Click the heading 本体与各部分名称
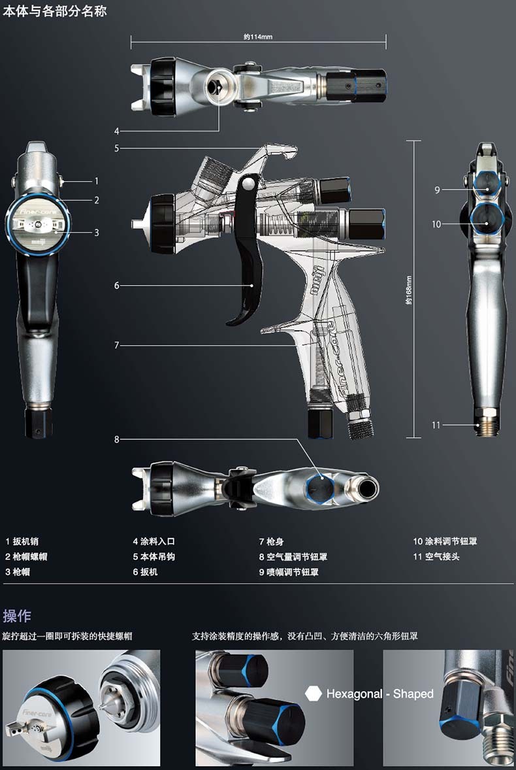coord(55,11)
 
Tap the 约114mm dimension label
coord(257,37)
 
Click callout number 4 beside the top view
coord(117,129)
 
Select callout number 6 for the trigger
coord(117,286)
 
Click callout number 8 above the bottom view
coord(117,439)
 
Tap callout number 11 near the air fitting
coord(436,425)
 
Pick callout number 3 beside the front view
coord(96,231)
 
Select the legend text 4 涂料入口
coord(154,541)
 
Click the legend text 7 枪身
coord(271,541)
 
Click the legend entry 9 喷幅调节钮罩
coord(293,573)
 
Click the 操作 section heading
coord(17,615)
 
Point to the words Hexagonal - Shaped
coord(379,694)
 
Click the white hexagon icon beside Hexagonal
coord(314,694)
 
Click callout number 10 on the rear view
coord(436,224)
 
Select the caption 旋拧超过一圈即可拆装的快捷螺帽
coord(67,635)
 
